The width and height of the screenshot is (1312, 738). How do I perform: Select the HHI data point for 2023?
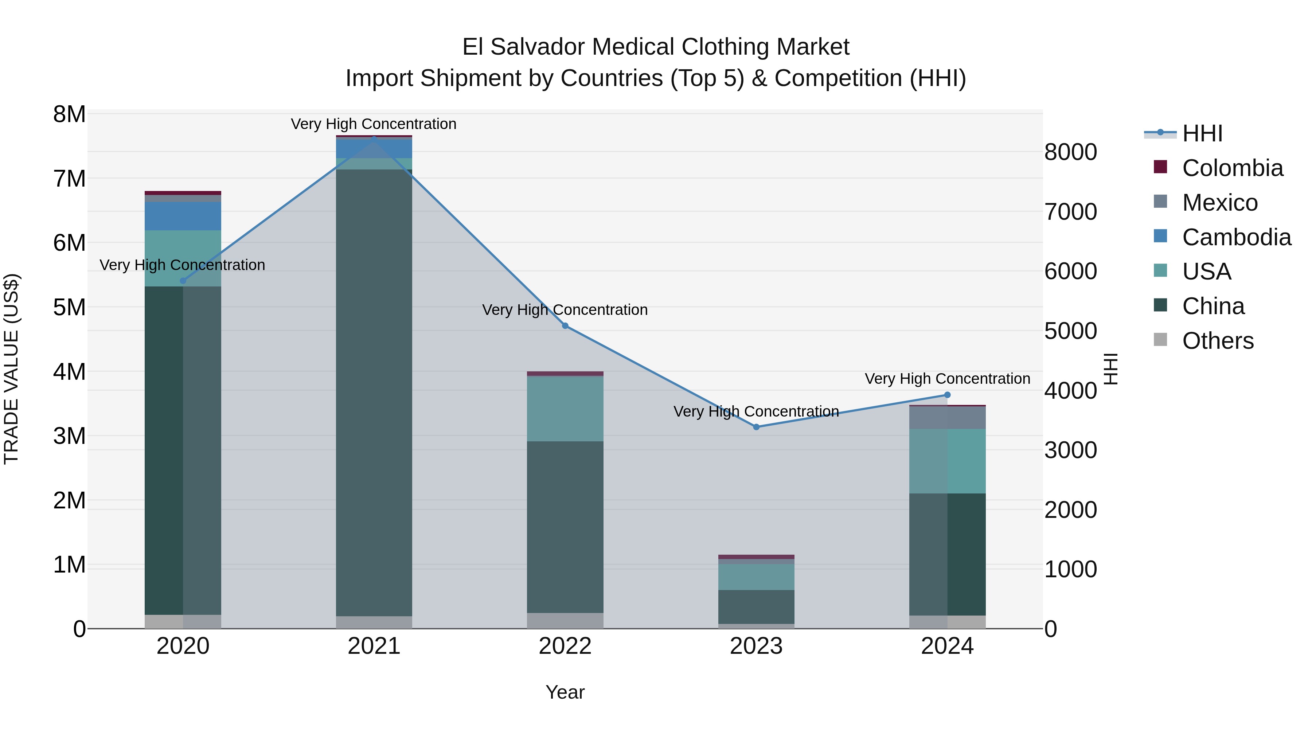[x=756, y=427]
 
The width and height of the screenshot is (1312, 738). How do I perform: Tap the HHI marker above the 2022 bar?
[x=565, y=325]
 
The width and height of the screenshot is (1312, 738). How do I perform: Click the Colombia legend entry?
[x=1232, y=168]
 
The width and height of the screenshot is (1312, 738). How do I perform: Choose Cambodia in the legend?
[x=1236, y=237]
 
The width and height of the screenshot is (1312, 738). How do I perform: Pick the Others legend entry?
[x=1217, y=341]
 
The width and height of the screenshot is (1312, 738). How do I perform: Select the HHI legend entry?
[x=1202, y=133]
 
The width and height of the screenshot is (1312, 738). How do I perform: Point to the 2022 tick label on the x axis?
[x=565, y=646]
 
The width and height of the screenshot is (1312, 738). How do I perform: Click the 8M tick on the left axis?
[x=69, y=114]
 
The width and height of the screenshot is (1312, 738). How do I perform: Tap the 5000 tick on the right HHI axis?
[x=1070, y=331]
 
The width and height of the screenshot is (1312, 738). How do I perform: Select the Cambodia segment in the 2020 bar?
[x=183, y=216]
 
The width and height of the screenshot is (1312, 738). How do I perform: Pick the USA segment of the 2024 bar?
[x=947, y=461]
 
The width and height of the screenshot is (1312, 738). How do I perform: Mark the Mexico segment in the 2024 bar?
[x=947, y=418]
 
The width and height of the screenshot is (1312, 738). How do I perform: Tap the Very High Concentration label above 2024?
[x=947, y=379]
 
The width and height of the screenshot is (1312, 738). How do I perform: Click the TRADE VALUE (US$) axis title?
[x=12, y=369]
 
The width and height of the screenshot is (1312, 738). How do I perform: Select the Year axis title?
[x=565, y=692]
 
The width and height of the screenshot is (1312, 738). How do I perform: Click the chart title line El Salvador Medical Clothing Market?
[x=656, y=47]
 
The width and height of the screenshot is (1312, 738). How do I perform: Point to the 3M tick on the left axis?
[x=69, y=436]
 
